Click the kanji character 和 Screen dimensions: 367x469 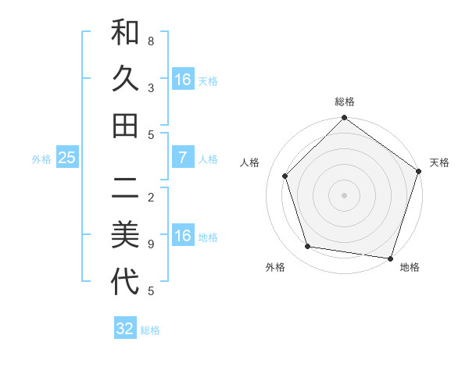click(x=125, y=34)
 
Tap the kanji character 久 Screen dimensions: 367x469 click(x=125, y=78)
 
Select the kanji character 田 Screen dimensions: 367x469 click(x=125, y=125)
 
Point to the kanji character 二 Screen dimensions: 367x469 click(x=125, y=188)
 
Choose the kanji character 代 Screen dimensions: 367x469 click(x=125, y=281)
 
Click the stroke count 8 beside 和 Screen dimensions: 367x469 click(x=151, y=40)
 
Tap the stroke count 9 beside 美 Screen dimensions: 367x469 click(x=151, y=244)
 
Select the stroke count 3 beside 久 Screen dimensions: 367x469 click(x=151, y=87)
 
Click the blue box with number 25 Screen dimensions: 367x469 click(x=67, y=159)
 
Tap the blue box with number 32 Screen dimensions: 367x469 click(x=125, y=329)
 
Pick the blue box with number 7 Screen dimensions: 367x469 click(x=182, y=159)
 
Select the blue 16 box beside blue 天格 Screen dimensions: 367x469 click(x=182, y=80)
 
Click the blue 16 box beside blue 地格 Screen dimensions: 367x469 click(x=182, y=236)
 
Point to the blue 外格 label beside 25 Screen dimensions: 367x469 click(x=41, y=159)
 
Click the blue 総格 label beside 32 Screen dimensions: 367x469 click(x=150, y=330)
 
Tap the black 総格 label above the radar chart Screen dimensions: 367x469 click(x=345, y=102)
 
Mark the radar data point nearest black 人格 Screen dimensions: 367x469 click(x=285, y=176)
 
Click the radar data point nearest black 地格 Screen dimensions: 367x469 click(x=390, y=258)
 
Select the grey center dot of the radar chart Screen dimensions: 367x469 click(x=345, y=195)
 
